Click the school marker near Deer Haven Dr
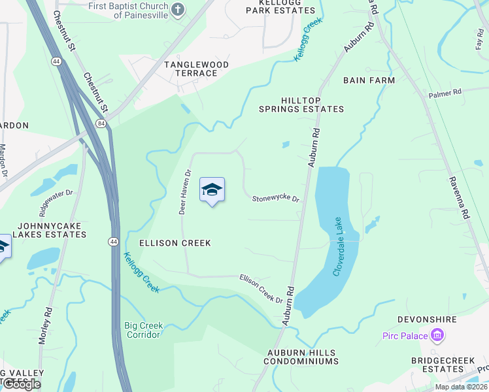[212, 190]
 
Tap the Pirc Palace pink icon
[437, 336]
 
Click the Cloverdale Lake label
[338, 247]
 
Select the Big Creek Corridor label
[144, 330]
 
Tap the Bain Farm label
[369, 80]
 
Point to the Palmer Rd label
[445, 93]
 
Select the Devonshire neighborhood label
[426, 321]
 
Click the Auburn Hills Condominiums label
[302, 357]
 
